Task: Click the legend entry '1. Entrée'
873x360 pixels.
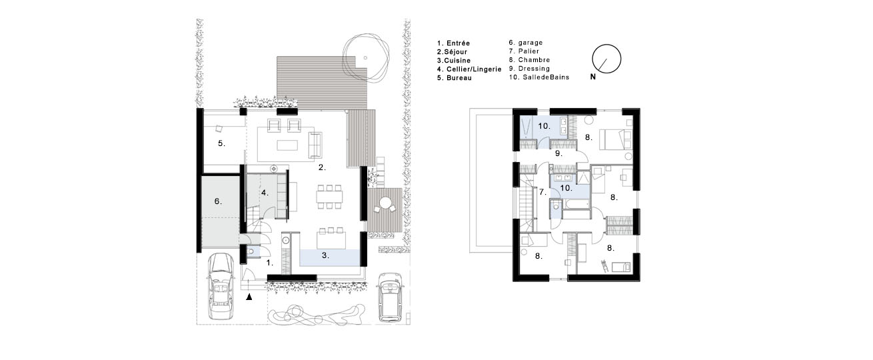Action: tap(453, 43)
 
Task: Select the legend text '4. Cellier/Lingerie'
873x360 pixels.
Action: tap(469, 69)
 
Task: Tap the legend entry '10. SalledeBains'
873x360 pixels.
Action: tap(539, 77)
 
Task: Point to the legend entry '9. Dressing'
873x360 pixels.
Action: tap(529, 69)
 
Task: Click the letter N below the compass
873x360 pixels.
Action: tap(593, 77)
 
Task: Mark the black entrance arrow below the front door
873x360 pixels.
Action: tap(249, 297)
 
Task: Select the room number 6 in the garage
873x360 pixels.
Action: tap(218, 201)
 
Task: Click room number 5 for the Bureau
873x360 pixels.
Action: tap(221, 143)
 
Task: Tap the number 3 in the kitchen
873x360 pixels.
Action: tap(325, 255)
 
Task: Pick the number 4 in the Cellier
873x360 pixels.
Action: tap(265, 193)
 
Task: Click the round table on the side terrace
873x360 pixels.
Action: tap(386, 203)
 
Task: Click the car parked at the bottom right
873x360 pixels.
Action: tap(390, 297)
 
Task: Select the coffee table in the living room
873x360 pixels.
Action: tap(287, 145)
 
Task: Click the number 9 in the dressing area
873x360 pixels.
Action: tap(558, 154)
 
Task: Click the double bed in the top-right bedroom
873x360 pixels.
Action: tap(612, 139)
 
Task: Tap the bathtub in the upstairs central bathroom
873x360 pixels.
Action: tap(576, 204)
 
